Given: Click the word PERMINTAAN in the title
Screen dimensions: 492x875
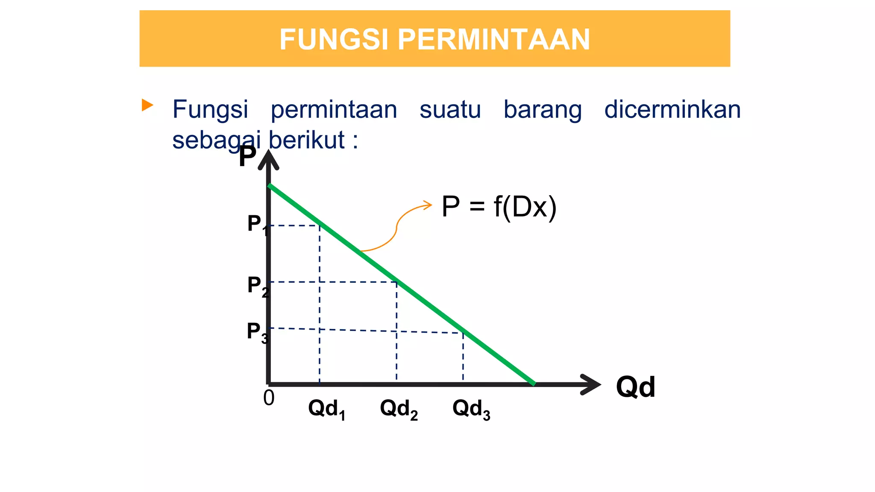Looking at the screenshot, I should point(494,39).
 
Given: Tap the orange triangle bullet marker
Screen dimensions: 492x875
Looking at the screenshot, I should point(147,105).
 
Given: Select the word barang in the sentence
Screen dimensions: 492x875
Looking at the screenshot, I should point(542,110).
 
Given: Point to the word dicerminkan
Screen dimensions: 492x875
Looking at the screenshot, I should point(672,109).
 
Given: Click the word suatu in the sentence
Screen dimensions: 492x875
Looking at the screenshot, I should point(450,109).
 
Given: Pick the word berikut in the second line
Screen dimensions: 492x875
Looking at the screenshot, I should point(306,140).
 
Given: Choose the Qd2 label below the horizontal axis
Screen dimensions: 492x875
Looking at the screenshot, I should point(399,409).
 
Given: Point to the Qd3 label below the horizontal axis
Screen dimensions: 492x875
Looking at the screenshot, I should point(471,409).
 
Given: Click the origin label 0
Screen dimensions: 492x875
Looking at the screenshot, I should point(269,398).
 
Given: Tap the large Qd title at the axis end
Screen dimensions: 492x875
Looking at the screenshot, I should point(635,387).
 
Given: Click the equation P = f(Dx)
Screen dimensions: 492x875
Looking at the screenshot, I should point(499,207).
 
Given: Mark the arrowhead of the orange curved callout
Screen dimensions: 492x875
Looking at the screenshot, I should point(428,205).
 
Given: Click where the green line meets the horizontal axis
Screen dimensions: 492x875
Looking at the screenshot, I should point(533,384).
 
